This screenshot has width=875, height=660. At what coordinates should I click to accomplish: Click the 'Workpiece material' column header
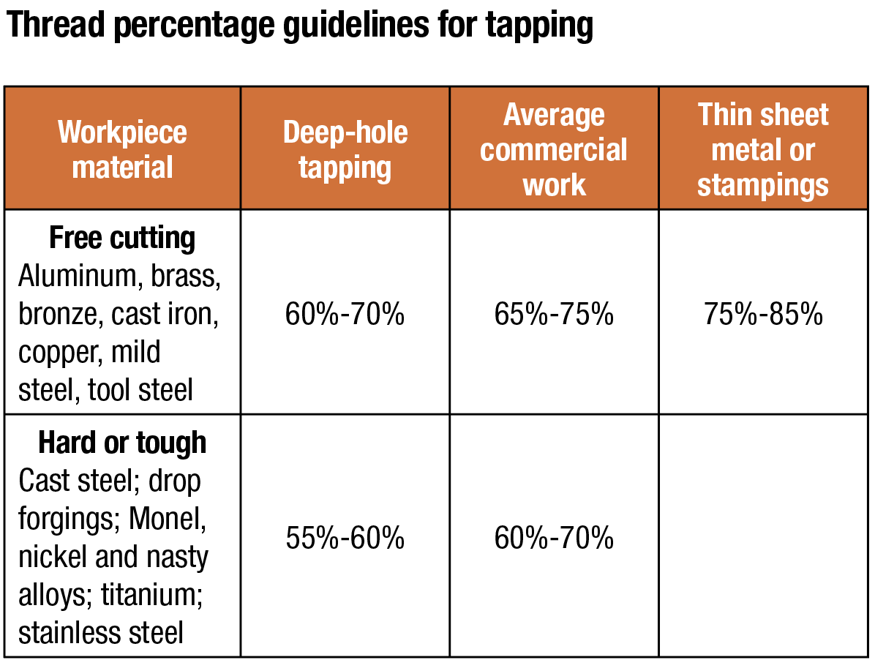pos(122,149)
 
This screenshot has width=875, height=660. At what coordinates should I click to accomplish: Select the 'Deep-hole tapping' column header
pos(345,149)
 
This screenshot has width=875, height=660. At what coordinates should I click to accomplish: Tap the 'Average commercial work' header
pos(554,149)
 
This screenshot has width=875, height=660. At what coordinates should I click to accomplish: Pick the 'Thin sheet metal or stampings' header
pos(763,149)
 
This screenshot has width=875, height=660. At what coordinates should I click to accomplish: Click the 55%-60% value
pos(345,538)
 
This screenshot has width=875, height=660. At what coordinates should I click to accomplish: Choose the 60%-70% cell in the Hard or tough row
pos(554,538)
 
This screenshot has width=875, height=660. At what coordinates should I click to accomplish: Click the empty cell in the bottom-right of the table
pos(763,536)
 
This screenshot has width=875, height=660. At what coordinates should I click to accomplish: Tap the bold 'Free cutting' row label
pos(122,239)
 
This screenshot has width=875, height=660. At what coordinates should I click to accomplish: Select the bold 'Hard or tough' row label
pos(122,443)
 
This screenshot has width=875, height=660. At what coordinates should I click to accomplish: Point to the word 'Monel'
pos(168,519)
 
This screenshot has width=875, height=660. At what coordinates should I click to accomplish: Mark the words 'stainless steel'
pos(101,633)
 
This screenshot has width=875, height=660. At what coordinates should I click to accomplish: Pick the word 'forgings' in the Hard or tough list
pos(70,520)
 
